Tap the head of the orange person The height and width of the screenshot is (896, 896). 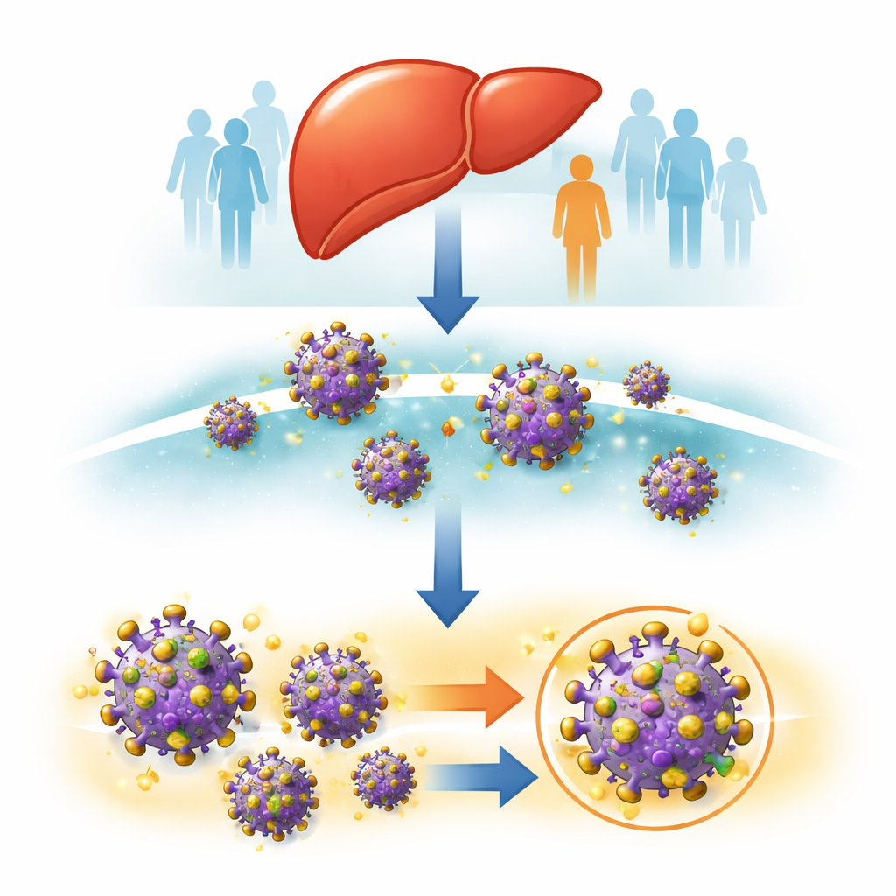581,168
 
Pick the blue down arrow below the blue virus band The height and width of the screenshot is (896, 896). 447,569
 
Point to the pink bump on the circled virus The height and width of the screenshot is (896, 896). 651,704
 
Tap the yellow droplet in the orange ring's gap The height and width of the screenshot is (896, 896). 698,624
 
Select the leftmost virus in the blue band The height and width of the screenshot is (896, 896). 231,423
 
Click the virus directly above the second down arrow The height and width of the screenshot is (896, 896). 391,468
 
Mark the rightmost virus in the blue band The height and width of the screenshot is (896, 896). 678,485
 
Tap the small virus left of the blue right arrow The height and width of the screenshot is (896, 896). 383,778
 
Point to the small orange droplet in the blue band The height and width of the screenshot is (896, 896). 448,427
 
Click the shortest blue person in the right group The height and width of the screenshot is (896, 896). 737,197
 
